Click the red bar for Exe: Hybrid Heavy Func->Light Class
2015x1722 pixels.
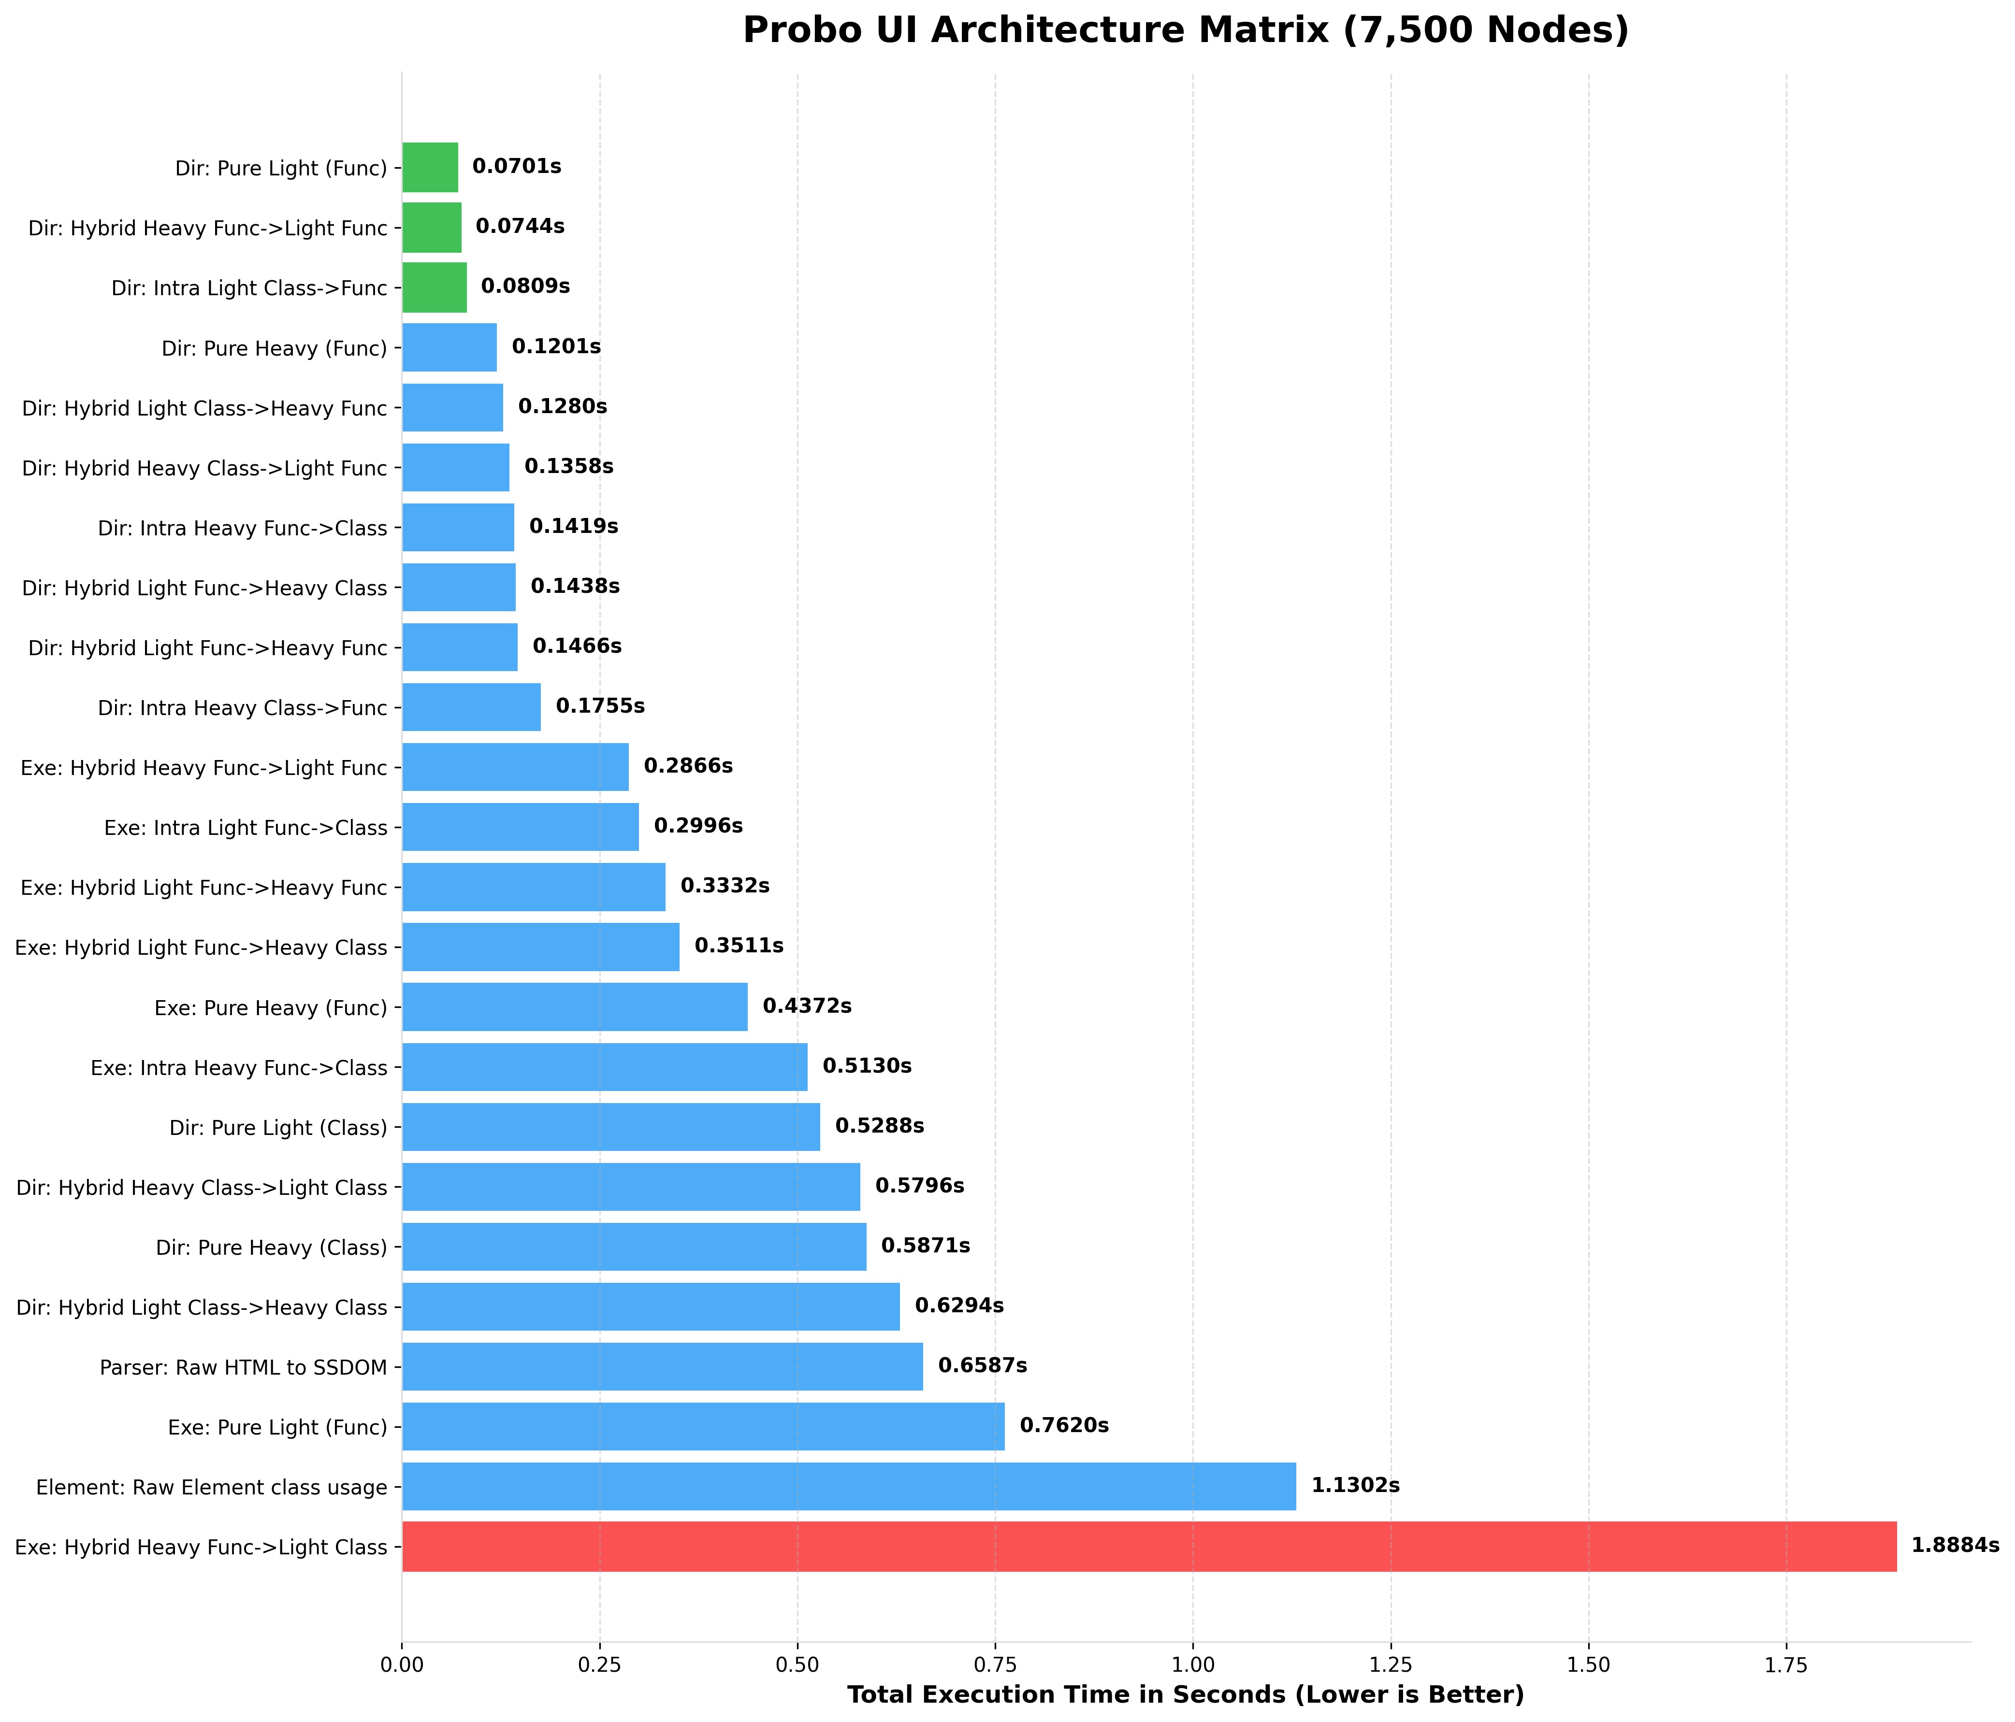click(x=1147, y=1546)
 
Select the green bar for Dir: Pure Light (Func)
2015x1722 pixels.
click(x=430, y=167)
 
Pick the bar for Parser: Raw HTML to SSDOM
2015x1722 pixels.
click(x=661, y=1366)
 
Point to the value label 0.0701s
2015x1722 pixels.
click(x=516, y=167)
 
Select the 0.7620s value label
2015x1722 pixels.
click(x=1064, y=1425)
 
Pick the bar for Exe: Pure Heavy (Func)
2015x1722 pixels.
click(x=574, y=1006)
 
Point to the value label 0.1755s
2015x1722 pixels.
click(x=600, y=706)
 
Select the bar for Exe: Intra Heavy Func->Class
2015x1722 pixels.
click(x=604, y=1067)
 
